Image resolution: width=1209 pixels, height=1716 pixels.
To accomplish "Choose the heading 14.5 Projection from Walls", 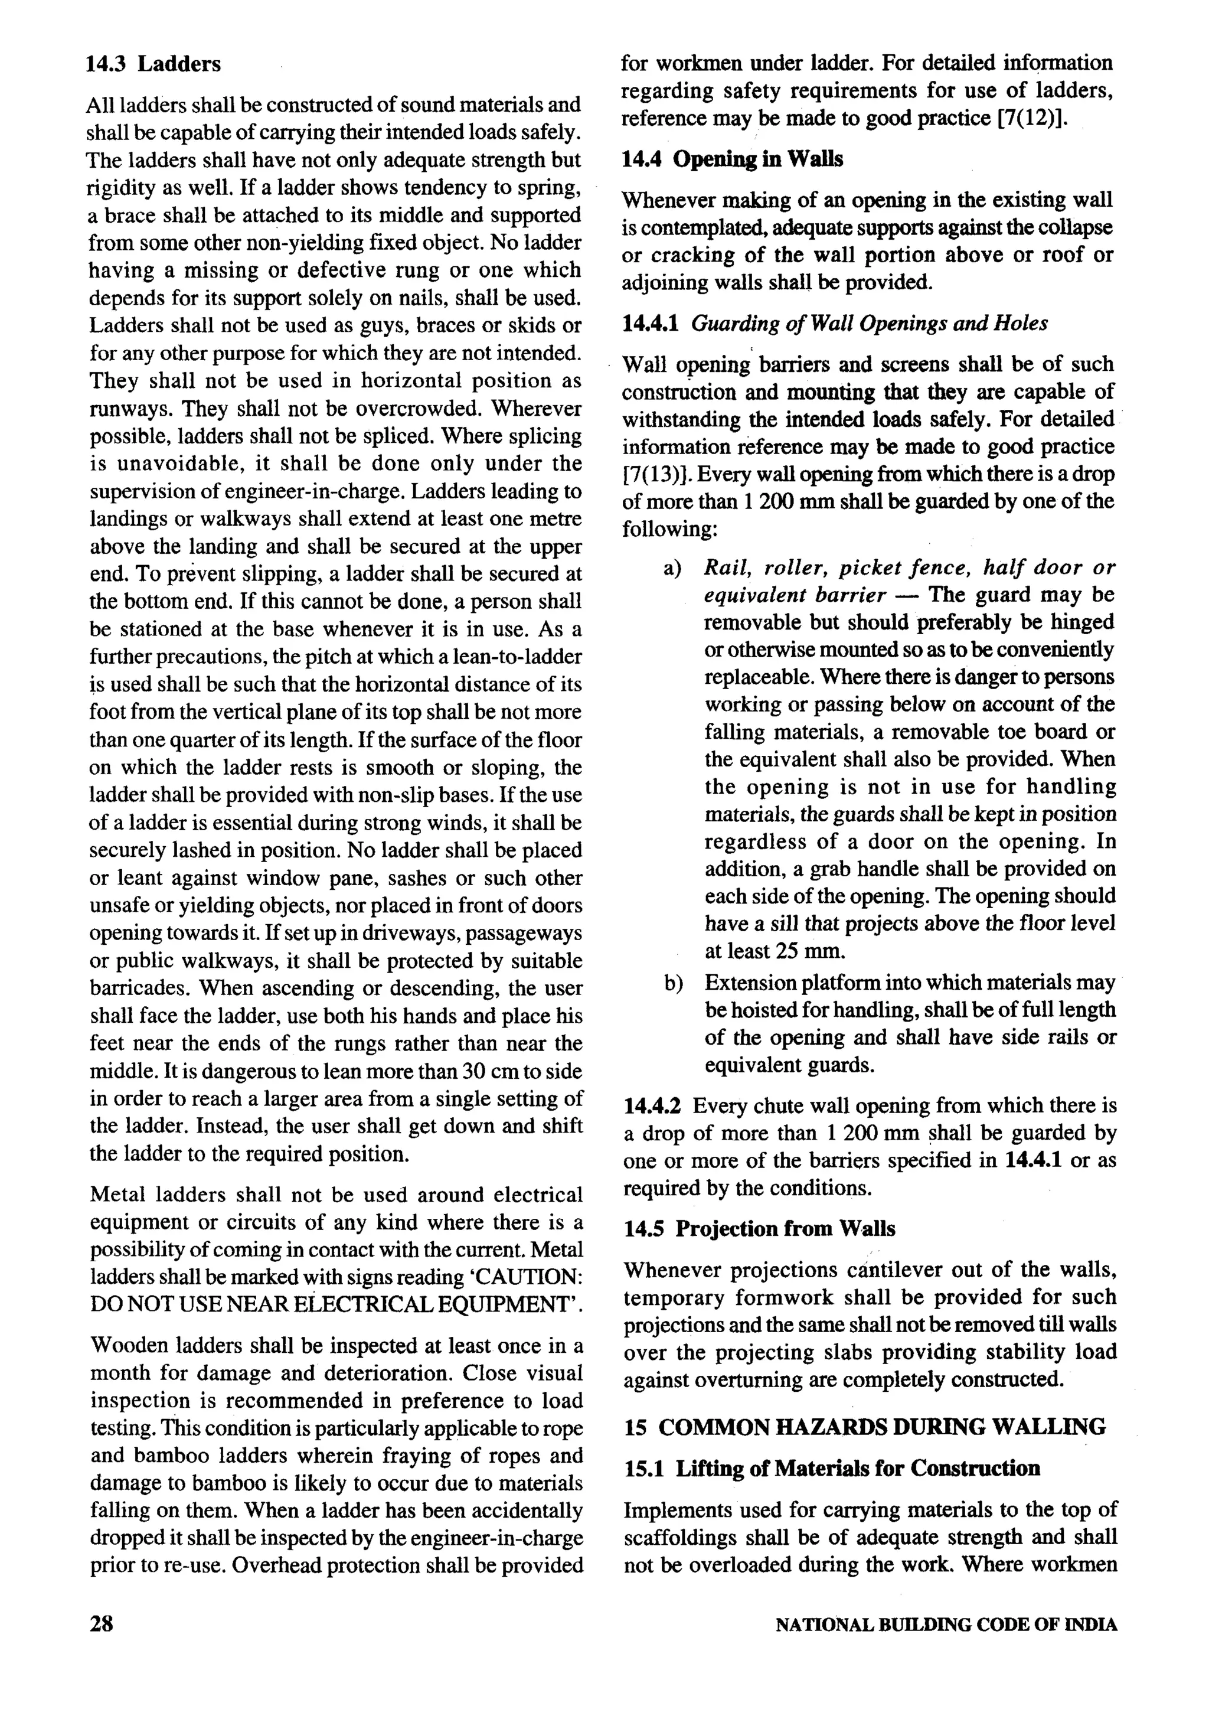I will (x=759, y=1229).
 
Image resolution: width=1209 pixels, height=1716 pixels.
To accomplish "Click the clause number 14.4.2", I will (x=653, y=1105).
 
